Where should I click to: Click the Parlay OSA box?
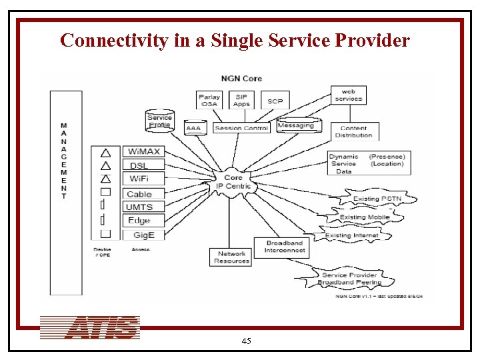coord(211,101)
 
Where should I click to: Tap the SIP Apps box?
coord(241,101)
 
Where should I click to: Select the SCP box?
coord(275,101)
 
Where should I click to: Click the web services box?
coord(349,95)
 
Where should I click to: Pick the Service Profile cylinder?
coord(159,121)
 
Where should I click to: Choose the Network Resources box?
coord(232,257)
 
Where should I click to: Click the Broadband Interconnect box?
coord(284,247)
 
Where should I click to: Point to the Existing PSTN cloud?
coord(376,199)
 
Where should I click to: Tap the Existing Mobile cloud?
coord(366,217)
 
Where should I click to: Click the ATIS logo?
coord(90,327)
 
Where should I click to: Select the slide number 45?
coord(246,341)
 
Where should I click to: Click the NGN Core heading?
coord(242,79)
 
